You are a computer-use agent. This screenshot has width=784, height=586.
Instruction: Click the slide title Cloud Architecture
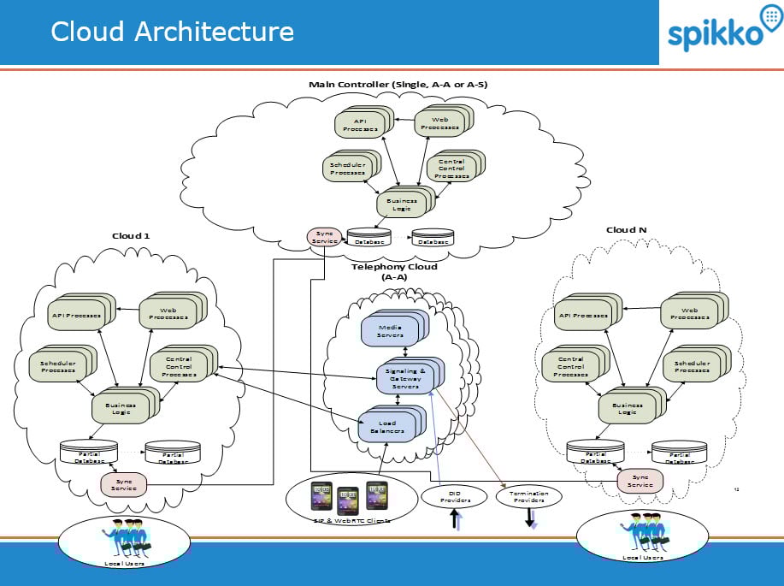pyautogui.click(x=172, y=32)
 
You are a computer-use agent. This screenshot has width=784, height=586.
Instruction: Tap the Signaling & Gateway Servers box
pyautogui.click(x=405, y=377)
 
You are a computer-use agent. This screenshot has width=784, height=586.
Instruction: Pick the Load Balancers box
pyautogui.click(x=387, y=426)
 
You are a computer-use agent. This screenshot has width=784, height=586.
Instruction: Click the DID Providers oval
pyautogui.click(x=449, y=496)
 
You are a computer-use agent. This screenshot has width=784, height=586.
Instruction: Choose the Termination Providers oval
pyautogui.click(x=528, y=496)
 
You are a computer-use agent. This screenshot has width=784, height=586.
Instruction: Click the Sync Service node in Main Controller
pyautogui.click(x=324, y=236)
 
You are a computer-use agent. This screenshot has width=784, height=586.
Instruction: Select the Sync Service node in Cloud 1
pyautogui.click(x=124, y=485)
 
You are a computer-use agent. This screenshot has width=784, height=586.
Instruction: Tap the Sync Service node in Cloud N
pyautogui.click(x=640, y=480)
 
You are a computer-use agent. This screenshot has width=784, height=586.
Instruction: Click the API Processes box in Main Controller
pyautogui.click(x=360, y=125)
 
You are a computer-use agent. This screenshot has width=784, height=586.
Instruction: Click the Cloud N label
pyautogui.click(x=626, y=229)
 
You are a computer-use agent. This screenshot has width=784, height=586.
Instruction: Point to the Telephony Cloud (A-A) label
pyautogui.click(x=394, y=271)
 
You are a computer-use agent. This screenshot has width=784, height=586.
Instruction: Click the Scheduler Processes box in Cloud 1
pyautogui.click(x=57, y=366)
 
